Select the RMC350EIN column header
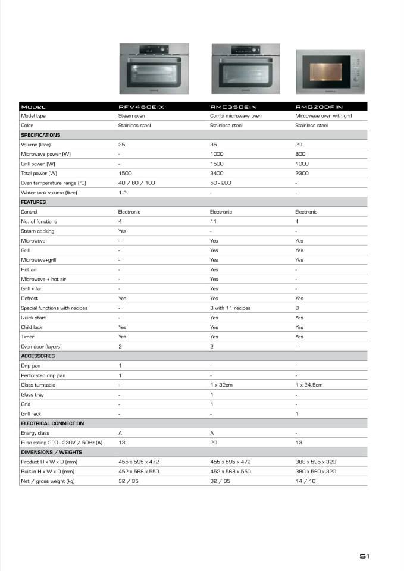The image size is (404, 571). pos(233,106)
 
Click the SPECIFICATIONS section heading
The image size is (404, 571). pos(40,135)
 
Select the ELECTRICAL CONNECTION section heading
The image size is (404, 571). pos(52,423)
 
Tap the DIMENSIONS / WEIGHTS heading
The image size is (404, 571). pos(52,452)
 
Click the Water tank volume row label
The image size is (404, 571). pos(49,193)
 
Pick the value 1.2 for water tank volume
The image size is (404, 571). pos(122,193)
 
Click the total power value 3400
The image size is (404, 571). pos(216,173)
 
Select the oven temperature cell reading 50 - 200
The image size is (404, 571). pos(221,183)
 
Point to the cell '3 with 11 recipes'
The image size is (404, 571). pos(230,308)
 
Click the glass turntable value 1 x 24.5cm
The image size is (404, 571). pos(309,385)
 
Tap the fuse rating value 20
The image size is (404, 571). pos(213,443)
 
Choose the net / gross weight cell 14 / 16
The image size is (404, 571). pos(305,481)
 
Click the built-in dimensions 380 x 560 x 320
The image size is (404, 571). pos(315,471)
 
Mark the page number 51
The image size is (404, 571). pos(365,556)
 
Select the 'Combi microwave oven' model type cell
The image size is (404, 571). pos(236,116)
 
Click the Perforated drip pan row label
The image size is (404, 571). pos(43,375)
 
